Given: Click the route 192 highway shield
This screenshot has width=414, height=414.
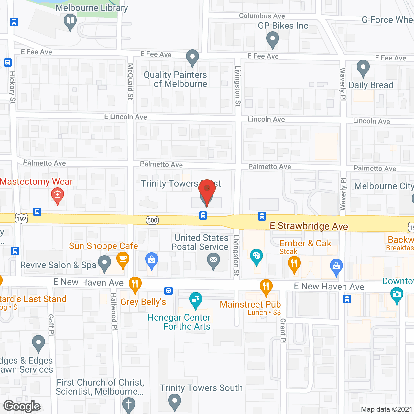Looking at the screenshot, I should point(21,219).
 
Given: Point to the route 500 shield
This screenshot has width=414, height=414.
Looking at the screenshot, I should point(152,221).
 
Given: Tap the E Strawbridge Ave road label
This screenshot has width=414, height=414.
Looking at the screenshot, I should point(309,226).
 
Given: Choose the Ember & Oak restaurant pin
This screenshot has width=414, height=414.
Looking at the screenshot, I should point(294,264).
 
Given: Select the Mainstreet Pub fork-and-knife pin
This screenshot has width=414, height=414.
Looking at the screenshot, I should point(266,287).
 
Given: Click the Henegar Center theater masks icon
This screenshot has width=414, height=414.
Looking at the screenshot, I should point(196,300).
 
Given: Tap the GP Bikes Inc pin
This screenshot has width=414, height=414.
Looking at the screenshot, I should point(272,40).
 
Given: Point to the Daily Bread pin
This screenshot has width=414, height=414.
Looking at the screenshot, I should point(363,68).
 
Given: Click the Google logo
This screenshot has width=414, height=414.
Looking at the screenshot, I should point(22,406).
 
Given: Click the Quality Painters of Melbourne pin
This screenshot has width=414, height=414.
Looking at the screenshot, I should point(192,58).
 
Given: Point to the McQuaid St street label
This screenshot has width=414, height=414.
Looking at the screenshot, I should point(130,82).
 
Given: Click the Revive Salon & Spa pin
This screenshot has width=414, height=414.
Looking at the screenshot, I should point(104,263).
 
